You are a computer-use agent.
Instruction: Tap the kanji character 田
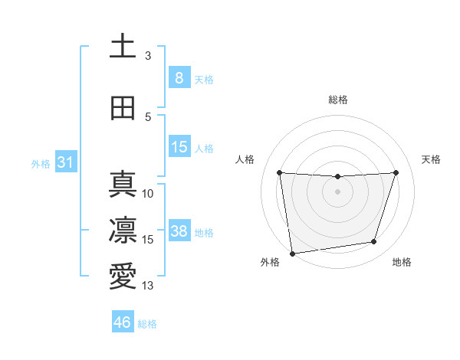coord(123,108)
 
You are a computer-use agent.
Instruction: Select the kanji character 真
coord(123,185)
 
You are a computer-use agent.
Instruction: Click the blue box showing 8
coord(179,77)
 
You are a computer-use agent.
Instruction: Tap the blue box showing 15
coord(179,146)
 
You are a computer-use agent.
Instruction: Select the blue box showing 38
coord(179,231)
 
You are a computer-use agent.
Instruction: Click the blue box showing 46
coord(123,322)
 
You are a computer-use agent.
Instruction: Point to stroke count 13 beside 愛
coord(148,286)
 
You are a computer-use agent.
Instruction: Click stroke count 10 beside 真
coord(148,193)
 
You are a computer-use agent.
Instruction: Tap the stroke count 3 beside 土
coord(148,55)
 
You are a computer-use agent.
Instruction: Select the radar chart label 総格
coord(337,100)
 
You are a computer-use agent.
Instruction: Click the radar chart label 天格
coord(432,159)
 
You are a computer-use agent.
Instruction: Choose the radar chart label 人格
coord(245,159)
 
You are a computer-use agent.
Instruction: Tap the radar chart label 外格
coord(270,262)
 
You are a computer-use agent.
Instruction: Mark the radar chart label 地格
coord(402,262)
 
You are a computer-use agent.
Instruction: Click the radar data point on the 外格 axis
coord(292,253)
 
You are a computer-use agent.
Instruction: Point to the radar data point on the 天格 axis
coord(396,172)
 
